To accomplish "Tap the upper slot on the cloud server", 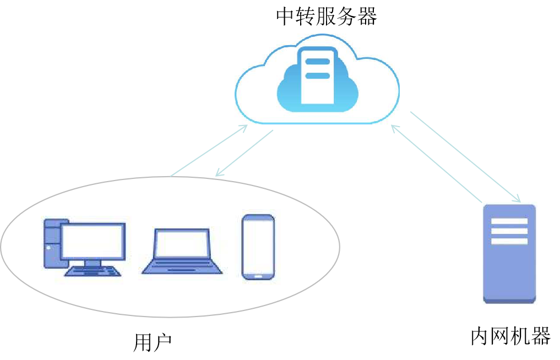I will click(x=317, y=62).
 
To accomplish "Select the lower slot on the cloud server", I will click(x=317, y=75).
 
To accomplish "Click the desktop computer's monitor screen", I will click(x=92, y=241).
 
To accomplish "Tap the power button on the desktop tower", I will click(x=49, y=248).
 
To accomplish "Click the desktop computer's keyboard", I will click(x=93, y=271).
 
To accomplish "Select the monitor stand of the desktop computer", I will click(x=93, y=263).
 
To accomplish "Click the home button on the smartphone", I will click(x=258, y=274).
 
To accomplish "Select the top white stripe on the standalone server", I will click(x=509, y=221).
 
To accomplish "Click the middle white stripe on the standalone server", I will click(x=509, y=231).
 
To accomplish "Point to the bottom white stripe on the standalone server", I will click(x=509, y=241).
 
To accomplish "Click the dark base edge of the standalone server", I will click(x=509, y=301).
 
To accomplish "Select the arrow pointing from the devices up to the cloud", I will click(x=209, y=150).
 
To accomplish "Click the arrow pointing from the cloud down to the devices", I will click(x=244, y=154).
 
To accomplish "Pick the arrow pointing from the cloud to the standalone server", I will click(x=465, y=156).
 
